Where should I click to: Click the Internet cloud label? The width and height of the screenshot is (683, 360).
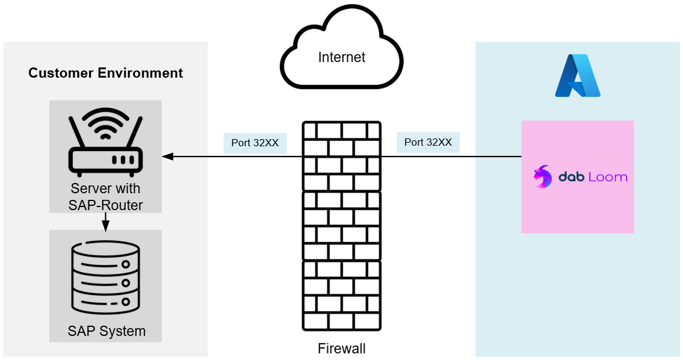click(x=341, y=58)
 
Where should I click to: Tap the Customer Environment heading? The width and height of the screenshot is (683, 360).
click(x=105, y=73)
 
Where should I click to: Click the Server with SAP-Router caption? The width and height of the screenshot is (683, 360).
click(x=107, y=197)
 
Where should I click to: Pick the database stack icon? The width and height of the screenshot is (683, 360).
click(x=106, y=276)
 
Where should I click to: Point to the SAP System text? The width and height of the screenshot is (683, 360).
click(x=107, y=331)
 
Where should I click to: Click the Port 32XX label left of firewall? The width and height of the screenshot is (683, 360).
click(x=255, y=143)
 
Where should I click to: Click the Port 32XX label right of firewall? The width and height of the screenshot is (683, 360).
click(x=428, y=143)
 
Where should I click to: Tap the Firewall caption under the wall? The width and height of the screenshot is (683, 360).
click(x=341, y=349)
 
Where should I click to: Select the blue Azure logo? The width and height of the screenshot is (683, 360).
click(x=577, y=76)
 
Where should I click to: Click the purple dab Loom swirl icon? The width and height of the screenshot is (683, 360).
click(x=543, y=177)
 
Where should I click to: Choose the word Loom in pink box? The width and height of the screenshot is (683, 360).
click(x=607, y=177)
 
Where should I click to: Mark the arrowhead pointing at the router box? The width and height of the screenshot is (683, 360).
click(x=168, y=157)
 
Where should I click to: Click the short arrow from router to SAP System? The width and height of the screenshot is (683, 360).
click(x=105, y=222)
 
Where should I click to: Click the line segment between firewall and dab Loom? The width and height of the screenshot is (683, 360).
click(x=451, y=157)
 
